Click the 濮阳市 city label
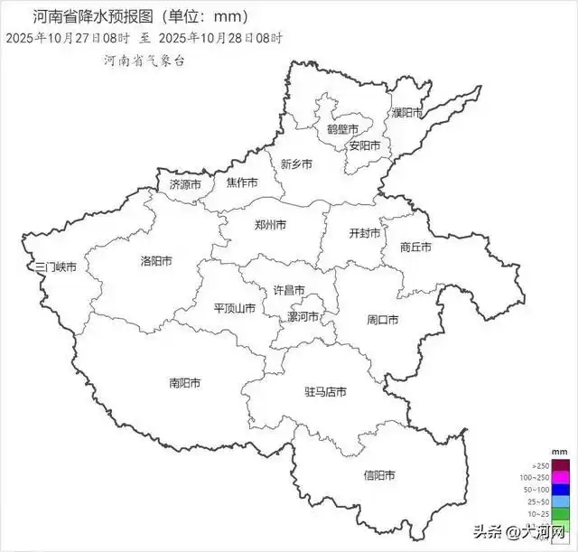(x=406, y=113)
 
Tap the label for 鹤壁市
(x=342, y=130)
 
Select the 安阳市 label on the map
(x=365, y=145)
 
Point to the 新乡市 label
(x=296, y=164)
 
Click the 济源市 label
(x=186, y=183)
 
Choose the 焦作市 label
(x=242, y=182)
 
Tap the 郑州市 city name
(x=271, y=224)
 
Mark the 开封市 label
(x=366, y=232)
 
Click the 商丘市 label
(x=415, y=247)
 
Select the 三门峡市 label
(x=54, y=267)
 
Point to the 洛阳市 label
(x=156, y=261)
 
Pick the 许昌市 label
(x=289, y=290)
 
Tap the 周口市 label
(x=383, y=320)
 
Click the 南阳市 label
(x=184, y=383)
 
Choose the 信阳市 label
(x=380, y=474)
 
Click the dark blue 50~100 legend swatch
(x=560, y=489)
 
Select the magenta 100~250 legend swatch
(x=560, y=477)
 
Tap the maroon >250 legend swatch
(x=560, y=464)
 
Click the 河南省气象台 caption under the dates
(x=144, y=61)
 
